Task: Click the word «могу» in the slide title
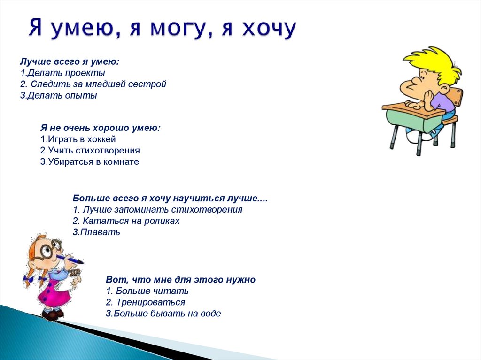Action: (x=178, y=29)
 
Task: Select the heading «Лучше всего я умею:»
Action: (x=70, y=61)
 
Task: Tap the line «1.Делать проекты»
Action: (x=62, y=73)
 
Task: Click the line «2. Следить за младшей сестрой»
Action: (x=93, y=84)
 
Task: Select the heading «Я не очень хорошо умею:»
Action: (x=101, y=128)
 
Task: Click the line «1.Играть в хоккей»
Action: (x=78, y=139)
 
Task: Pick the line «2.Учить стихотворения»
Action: (x=90, y=151)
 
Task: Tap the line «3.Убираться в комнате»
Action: (x=90, y=162)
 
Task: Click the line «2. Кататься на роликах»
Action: (x=126, y=221)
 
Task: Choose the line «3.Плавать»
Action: (x=96, y=232)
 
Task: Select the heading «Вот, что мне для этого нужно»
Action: (x=180, y=280)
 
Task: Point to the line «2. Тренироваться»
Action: (x=145, y=302)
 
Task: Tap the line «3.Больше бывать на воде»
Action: (x=163, y=314)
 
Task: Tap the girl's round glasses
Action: (x=49, y=248)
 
